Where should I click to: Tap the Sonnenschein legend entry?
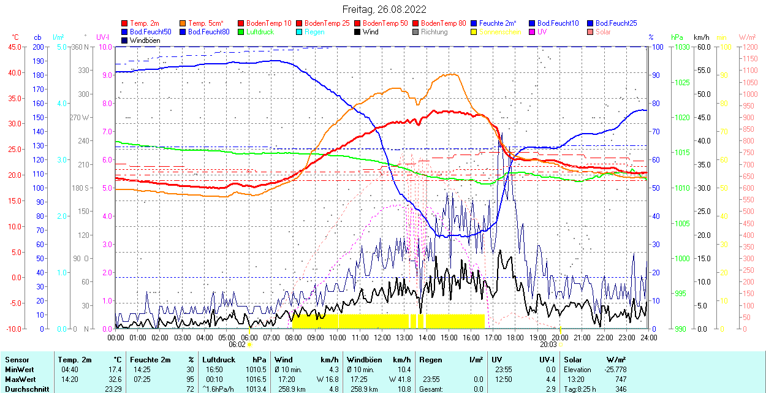coord(499,32)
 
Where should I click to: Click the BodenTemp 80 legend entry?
coord(444,23)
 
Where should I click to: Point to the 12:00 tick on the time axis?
coord(382,338)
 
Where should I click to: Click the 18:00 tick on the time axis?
coord(515,338)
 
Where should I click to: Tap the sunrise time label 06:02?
coord(237,345)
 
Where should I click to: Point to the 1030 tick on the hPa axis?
coord(681,47)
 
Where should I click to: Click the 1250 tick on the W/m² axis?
coord(749,47)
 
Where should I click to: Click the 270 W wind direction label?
coord(80,117)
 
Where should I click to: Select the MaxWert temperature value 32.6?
coord(115,380)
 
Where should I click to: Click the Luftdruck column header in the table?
coord(219,360)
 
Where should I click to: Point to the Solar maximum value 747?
coord(620,380)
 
